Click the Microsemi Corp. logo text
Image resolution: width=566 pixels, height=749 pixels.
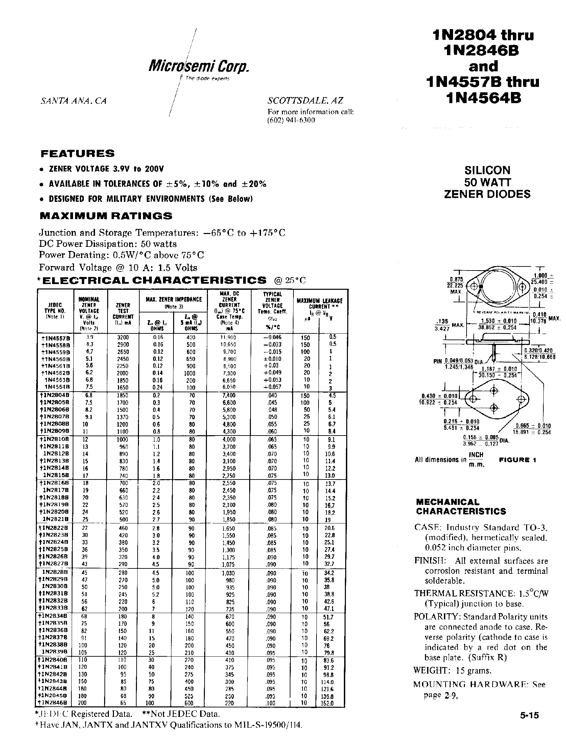click(x=199, y=66)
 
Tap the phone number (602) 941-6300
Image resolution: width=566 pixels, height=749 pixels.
click(x=291, y=120)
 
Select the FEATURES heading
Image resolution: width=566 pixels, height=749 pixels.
click(x=77, y=154)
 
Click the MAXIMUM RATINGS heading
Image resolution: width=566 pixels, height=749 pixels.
click(x=106, y=216)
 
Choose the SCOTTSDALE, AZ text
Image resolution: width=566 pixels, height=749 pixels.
click(x=305, y=100)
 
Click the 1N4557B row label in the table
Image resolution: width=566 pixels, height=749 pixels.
click(x=55, y=337)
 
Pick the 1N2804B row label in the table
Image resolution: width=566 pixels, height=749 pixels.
click(x=55, y=395)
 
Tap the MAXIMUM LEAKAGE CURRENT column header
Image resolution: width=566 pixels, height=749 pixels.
click(x=320, y=303)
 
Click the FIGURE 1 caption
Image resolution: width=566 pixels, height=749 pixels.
click(x=518, y=460)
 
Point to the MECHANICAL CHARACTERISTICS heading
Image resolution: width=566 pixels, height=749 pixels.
click(x=461, y=507)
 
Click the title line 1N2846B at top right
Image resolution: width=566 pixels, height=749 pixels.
click(x=481, y=51)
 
